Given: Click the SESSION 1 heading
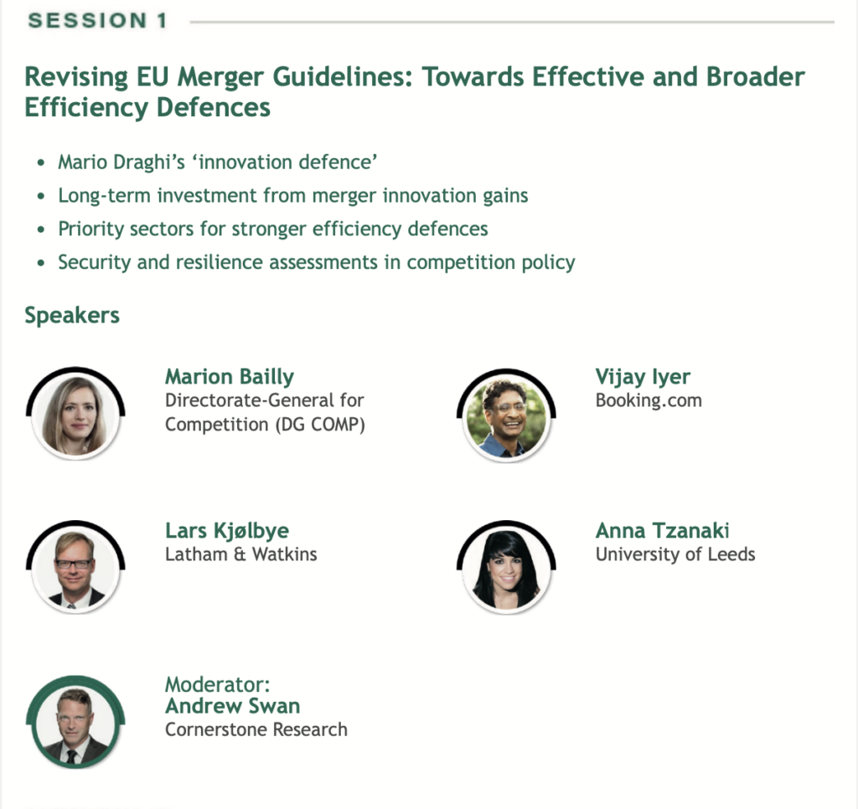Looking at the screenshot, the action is [97, 21].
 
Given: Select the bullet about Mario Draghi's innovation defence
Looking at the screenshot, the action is [218, 162].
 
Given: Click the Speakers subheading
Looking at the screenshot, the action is [72, 316].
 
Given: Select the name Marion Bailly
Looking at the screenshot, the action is [230, 377].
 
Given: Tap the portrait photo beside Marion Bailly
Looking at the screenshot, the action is [75, 414].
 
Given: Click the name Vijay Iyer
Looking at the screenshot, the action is [643, 377].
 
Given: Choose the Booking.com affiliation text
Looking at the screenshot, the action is [649, 400].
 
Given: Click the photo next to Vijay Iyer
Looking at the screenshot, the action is [506, 415].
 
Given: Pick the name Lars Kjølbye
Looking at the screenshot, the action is [227, 531].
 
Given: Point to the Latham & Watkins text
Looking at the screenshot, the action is [241, 554].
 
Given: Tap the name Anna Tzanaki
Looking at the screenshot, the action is [662, 531].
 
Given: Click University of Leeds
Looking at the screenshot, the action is [675, 554].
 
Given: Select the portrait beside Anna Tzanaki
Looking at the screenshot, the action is [506, 567].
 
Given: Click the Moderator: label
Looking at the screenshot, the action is [218, 684].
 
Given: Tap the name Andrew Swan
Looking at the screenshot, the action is [233, 706].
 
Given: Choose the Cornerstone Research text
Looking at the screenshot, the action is [256, 729].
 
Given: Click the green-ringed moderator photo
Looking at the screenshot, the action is [75, 723].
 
